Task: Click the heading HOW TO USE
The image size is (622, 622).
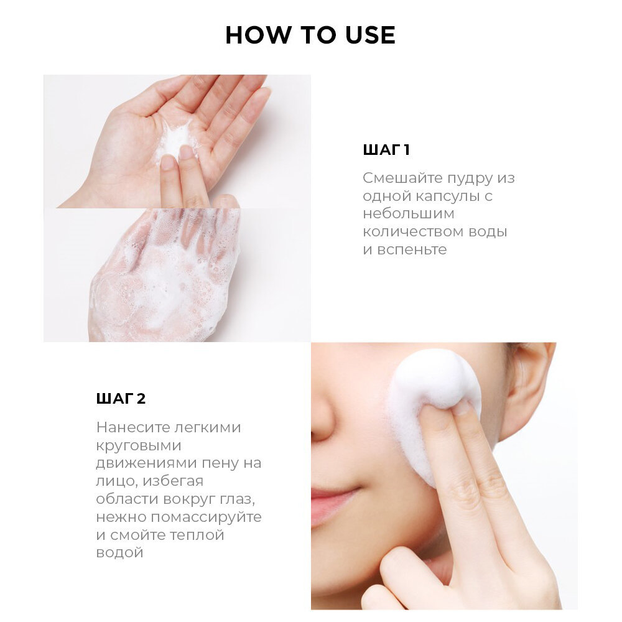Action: pyautogui.click(x=310, y=35)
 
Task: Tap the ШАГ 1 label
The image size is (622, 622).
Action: pyautogui.click(x=386, y=150)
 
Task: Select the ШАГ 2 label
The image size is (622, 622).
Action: pyautogui.click(x=121, y=398)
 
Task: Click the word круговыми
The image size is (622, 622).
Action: pyautogui.click(x=139, y=445)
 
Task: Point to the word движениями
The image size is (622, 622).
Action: pyautogui.click(x=146, y=463)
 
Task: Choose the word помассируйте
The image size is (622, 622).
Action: pyautogui.click(x=207, y=518)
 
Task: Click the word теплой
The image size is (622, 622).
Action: pyautogui.click(x=197, y=535)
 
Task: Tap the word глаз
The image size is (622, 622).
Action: pyautogui.click(x=237, y=499)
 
